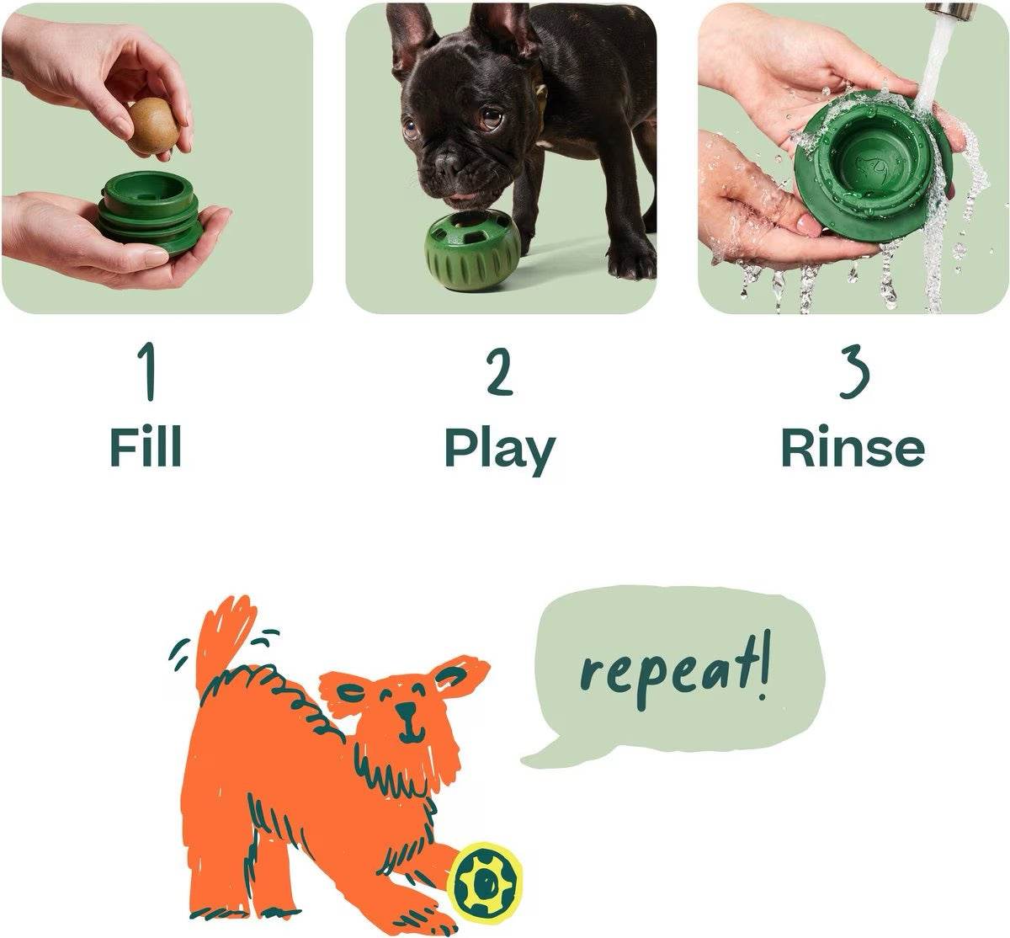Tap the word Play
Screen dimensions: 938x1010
pos(499,450)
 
